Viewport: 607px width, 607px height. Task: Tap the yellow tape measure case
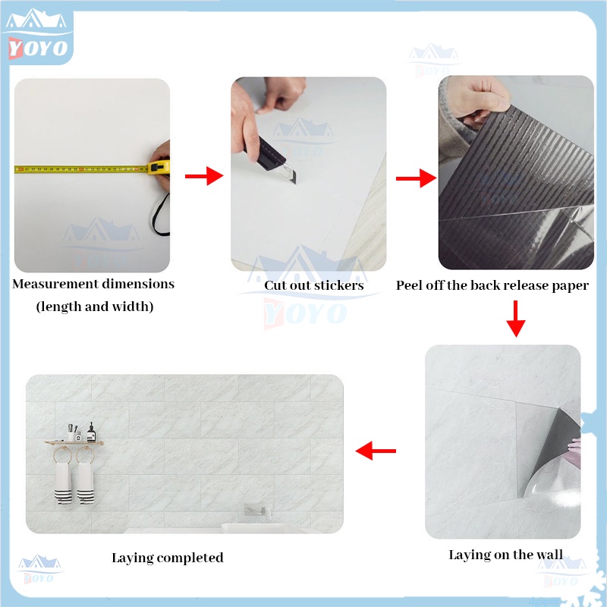158,167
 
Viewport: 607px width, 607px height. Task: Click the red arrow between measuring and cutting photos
204,176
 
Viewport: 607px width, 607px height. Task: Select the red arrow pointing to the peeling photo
416,178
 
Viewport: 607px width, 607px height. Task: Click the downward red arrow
516,319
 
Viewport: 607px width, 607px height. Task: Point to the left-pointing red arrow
376,451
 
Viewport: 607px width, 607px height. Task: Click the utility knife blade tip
295,183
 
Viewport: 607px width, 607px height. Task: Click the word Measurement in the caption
55,284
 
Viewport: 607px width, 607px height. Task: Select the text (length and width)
95,307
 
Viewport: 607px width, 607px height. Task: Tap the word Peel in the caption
409,285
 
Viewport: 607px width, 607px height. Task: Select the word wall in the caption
549,555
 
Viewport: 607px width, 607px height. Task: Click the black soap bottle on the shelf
91,432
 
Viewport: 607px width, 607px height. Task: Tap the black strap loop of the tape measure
161,215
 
